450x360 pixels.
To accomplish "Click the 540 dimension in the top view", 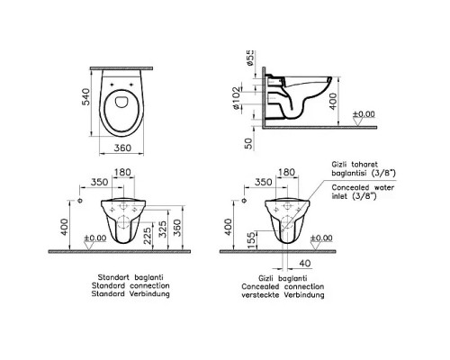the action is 86,96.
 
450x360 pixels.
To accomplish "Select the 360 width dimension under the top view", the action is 122,148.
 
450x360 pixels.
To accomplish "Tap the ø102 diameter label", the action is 237,98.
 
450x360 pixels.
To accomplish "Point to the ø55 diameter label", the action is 250,58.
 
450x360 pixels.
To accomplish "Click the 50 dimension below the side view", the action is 248,143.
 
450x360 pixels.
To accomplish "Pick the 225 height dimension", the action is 147,236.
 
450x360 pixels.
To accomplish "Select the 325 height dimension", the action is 162,229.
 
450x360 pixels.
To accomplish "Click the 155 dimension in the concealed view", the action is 251,240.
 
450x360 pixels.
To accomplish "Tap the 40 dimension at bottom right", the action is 305,264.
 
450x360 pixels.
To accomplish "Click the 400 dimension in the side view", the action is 333,102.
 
